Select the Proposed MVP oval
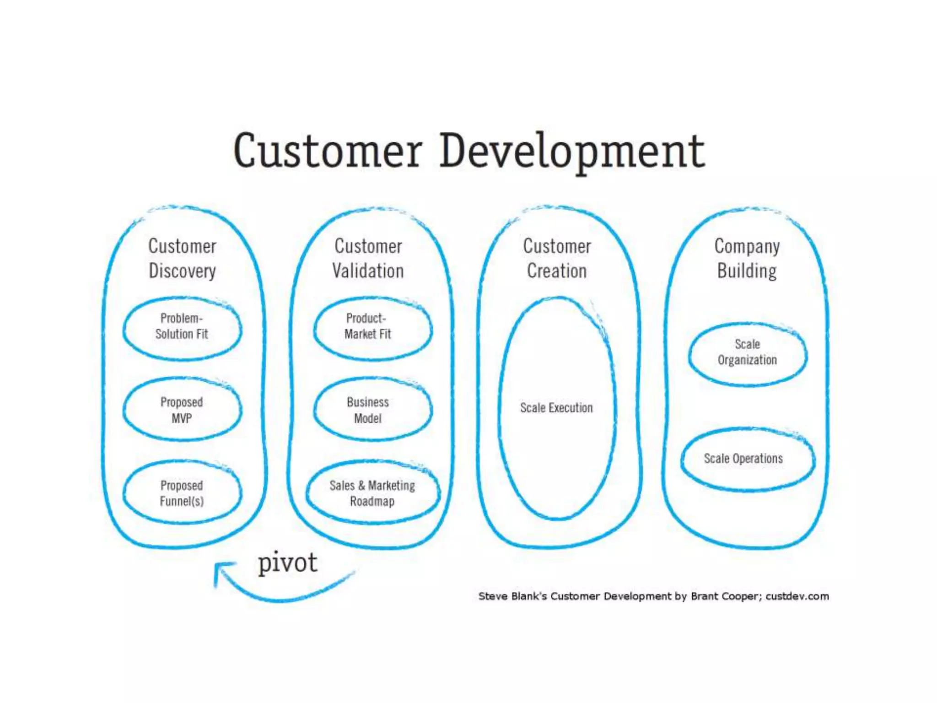[x=182, y=410]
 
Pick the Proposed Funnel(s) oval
[x=182, y=493]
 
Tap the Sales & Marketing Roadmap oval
[x=372, y=493]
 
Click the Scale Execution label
[x=556, y=408]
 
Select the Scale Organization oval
[x=747, y=352]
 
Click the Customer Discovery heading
[x=182, y=259]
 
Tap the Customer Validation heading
[x=368, y=259]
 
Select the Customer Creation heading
[x=557, y=259]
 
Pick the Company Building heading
[x=747, y=259]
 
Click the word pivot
[x=287, y=563]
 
